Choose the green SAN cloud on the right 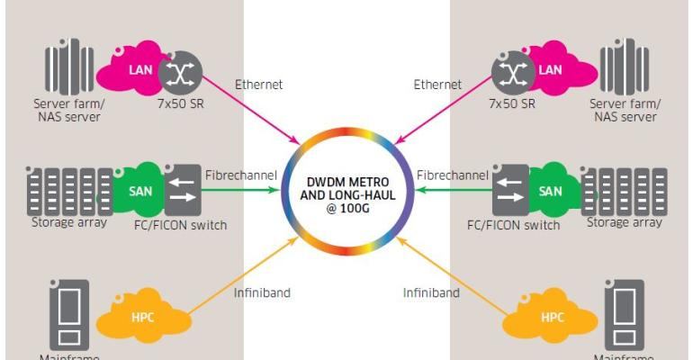pyautogui.click(x=551, y=191)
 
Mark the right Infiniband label pyautogui.click(x=432, y=292)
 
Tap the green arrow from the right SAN pyautogui.click(x=450, y=188)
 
